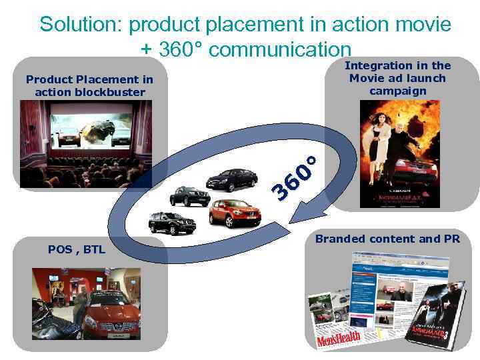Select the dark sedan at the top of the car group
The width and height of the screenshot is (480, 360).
[x=231, y=179]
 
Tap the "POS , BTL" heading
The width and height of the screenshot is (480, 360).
[x=72, y=249]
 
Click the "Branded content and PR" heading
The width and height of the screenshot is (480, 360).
[x=387, y=239]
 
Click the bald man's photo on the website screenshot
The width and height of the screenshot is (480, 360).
[x=400, y=293]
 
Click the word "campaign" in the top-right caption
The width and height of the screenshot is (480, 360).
[x=397, y=91]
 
